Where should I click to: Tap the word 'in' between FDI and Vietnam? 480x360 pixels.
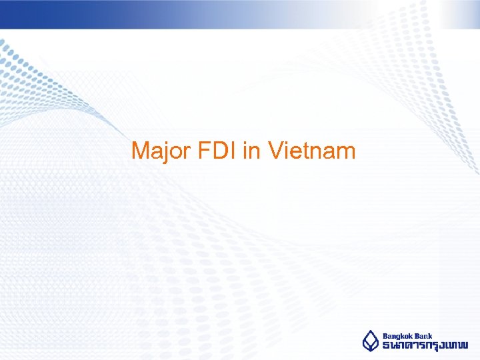point(252,151)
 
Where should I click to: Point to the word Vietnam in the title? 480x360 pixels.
point(312,151)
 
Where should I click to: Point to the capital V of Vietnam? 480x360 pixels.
point(275,151)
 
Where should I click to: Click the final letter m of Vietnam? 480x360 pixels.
point(346,153)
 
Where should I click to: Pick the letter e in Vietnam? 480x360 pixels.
point(295,153)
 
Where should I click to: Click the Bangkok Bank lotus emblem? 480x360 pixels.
point(371,341)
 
